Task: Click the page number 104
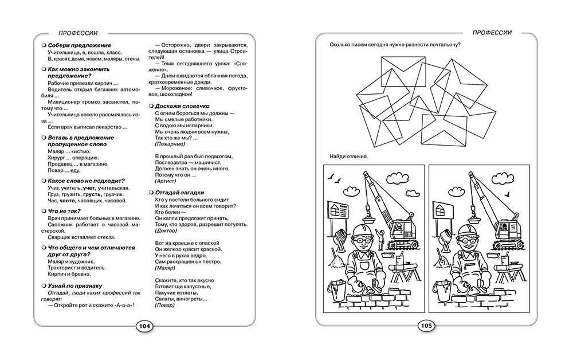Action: (144, 326)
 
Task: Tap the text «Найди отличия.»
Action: (349, 156)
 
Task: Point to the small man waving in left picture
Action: (379, 236)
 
